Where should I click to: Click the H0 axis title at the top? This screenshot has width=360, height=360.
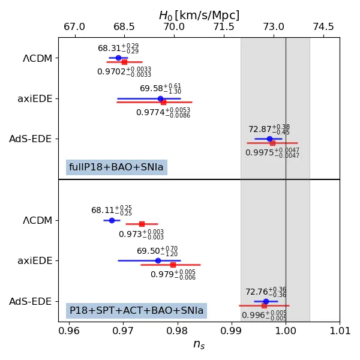pyautogui.click(x=199, y=16)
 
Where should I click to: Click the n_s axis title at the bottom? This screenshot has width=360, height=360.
pyautogui.click(x=199, y=344)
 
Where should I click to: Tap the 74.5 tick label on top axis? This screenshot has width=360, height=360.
pyautogui.click(x=323, y=27)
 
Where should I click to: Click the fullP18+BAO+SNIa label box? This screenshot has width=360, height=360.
pyautogui.click(x=116, y=167)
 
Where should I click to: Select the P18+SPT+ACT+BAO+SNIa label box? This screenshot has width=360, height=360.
pyautogui.click(x=136, y=311)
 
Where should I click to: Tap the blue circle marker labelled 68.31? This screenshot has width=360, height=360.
pyautogui.click(x=118, y=58)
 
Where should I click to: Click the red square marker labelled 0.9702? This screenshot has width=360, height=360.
pyautogui.click(x=124, y=62)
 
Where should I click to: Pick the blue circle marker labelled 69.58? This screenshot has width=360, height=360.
pyautogui.click(x=160, y=98)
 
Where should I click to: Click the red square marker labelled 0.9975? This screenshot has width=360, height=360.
pyautogui.click(x=272, y=143)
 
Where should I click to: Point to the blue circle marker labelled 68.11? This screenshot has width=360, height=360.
pyautogui.click(x=112, y=220)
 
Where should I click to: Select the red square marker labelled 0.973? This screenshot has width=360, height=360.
pyautogui.click(x=142, y=224)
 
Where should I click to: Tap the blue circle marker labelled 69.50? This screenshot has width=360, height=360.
pyautogui.click(x=158, y=260)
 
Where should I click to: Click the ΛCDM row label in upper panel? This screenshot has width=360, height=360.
pyautogui.click(x=37, y=59)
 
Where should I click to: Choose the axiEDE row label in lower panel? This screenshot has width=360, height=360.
pyautogui.click(x=35, y=261)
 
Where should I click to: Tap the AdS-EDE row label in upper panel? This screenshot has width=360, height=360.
pyautogui.click(x=31, y=139)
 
